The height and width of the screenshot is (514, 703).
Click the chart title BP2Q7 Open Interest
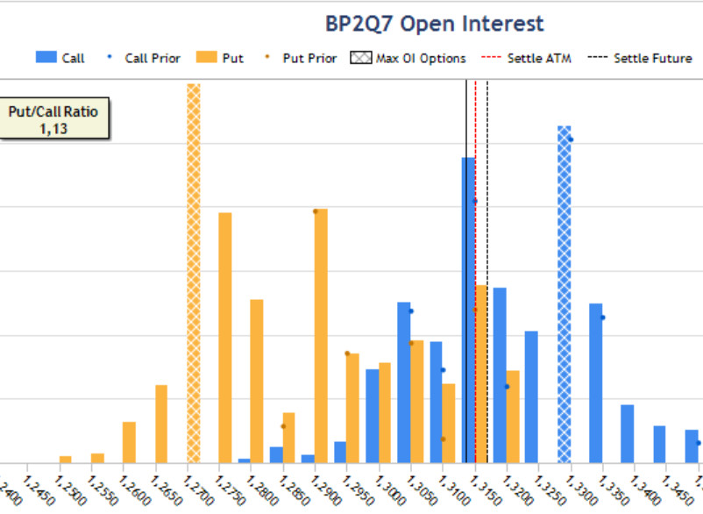coord(435,24)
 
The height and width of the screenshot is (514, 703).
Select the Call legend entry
coord(60,59)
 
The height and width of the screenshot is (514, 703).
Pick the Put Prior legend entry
coord(299,59)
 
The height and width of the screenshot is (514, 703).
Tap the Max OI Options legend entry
coord(408,59)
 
